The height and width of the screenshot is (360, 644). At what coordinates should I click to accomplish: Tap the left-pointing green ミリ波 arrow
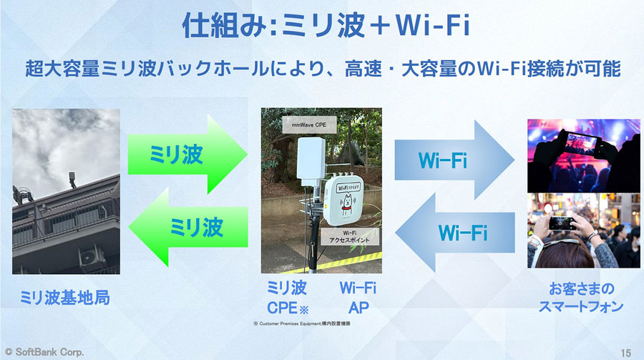pyautogui.click(x=187, y=228)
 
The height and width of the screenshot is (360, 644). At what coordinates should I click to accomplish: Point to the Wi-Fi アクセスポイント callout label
pyautogui.click(x=349, y=237)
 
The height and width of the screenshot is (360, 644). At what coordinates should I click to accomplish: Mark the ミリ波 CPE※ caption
pyautogui.click(x=286, y=298)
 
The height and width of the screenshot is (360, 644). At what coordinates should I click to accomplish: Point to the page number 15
pyautogui.click(x=625, y=352)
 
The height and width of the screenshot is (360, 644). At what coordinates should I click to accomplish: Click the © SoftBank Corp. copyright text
pyautogui.click(x=44, y=352)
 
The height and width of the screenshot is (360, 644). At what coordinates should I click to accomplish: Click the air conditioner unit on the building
pyautogui.click(x=90, y=254)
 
